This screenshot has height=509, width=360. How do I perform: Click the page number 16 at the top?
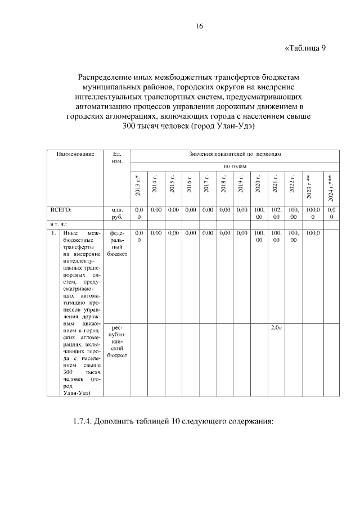199,26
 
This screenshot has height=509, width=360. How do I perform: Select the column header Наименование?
75,154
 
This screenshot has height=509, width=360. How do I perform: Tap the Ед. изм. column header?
117,157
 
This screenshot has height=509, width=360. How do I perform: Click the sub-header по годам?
235,166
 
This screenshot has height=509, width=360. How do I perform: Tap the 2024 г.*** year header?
331,188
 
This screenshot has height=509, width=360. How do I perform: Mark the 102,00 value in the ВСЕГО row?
276,213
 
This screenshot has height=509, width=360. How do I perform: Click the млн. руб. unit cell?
117,213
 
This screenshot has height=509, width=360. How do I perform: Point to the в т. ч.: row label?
59,224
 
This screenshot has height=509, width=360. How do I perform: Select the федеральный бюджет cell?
117,243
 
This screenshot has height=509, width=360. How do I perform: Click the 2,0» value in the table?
276,327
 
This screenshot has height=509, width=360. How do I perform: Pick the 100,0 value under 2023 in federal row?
313,232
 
